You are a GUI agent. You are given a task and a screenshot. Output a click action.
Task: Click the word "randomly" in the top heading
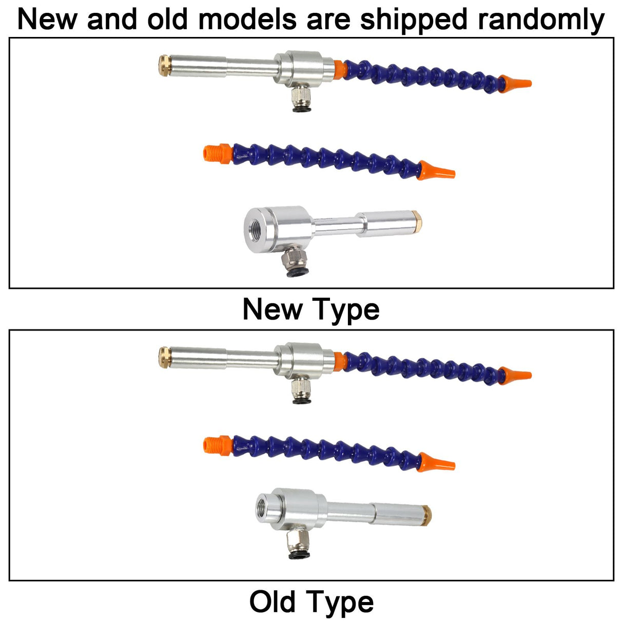pyautogui.click(x=541, y=20)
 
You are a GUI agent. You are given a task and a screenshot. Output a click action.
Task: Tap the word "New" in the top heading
pyautogui.click(x=47, y=20)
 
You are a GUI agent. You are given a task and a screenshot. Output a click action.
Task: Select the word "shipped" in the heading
pyautogui.click(x=414, y=20)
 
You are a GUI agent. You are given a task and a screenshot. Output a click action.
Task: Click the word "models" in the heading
pyautogui.click(x=247, y=20)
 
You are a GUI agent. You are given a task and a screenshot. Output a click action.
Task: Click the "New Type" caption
pyautogui.click(x=311, y=310)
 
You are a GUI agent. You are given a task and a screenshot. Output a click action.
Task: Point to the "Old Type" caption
pyautogui.click(x=311, y=602)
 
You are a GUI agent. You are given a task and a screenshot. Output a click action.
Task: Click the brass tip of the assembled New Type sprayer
pyautogui.click(x=165, y=66)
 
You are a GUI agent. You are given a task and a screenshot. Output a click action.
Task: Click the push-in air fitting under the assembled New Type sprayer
pyautogui.click(x=301, y=98)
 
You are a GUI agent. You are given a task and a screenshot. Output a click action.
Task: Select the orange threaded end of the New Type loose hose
pyautogui.click(x=217, y=153)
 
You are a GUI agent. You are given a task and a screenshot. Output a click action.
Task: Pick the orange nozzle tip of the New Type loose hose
pyautogui.click(x=436, y=170)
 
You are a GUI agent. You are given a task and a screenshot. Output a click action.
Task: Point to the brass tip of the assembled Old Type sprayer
pyautogui.click(x=165, y=358)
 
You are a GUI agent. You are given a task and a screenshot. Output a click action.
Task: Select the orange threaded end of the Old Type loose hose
pyautogui.click(x=217, y=445)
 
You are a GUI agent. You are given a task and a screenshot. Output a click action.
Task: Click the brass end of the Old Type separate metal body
pyautogui.click(x=427, y=515)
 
